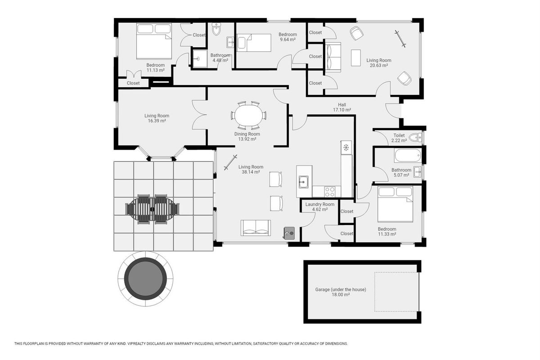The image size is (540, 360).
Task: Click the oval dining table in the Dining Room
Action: (248, 115)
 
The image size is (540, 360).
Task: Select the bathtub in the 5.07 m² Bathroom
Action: (408, 156)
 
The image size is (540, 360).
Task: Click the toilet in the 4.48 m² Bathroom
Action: (216, 29)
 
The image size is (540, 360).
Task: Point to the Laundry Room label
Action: (319, 204)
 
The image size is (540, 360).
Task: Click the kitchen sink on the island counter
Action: (303, 182)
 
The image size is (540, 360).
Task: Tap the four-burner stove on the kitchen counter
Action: (329, 192)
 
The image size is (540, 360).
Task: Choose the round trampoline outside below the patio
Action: (146, 279)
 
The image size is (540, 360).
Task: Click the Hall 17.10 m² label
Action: (342, 107)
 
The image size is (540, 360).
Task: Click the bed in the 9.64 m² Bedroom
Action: (254, 43)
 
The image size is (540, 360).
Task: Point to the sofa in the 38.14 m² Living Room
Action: (256, 228)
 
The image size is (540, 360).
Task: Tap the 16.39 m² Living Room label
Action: (157, 118)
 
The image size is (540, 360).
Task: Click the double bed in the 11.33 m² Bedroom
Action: (396, 204)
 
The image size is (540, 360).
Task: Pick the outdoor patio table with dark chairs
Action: (153, 209)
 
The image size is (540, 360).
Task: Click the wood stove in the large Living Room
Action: (289, 233)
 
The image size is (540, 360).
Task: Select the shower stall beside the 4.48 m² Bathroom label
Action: (200, 58)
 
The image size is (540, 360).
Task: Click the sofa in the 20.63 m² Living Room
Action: (333, 57)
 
